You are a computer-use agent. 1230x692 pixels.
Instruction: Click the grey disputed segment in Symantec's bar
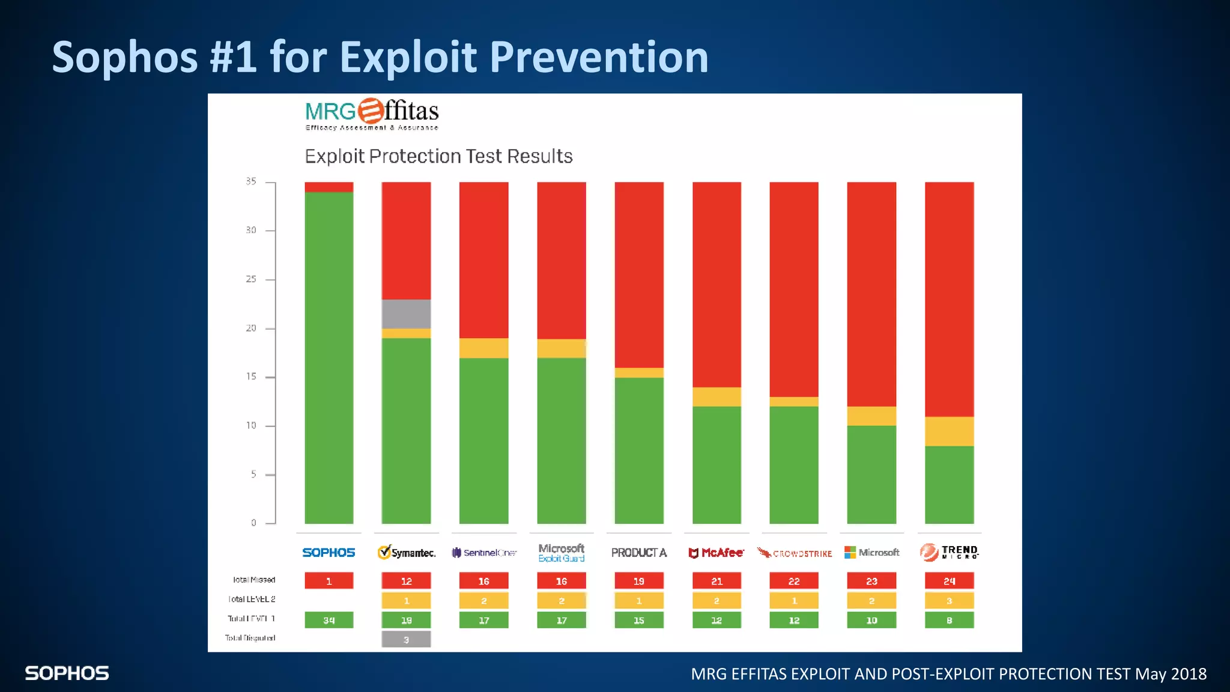coord(406,314)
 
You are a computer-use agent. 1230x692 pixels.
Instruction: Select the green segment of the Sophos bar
coord(329,357)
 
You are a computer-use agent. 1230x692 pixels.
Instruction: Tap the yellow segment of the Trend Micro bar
coord(949,431)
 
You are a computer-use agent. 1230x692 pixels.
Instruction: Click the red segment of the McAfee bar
coord(716,284)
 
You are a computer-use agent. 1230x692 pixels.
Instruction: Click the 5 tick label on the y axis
coord(253,475)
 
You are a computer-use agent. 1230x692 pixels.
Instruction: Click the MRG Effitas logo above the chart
coord(372,114)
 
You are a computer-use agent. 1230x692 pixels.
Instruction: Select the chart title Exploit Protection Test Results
coord(438,156)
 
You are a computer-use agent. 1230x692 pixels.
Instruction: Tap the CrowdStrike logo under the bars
coord(794,553)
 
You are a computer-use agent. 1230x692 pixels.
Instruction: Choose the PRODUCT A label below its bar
coord(638,553)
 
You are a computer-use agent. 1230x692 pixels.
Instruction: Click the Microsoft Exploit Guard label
coord(561,553)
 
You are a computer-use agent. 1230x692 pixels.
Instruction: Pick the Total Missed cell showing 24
coord(949,581)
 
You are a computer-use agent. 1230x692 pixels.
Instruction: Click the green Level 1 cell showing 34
coord(329,620)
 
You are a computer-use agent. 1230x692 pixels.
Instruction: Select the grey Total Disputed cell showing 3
coord(406,639)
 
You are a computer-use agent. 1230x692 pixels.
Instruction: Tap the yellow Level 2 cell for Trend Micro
coord(949,601)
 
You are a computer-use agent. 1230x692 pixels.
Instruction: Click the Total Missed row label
coord(253,580)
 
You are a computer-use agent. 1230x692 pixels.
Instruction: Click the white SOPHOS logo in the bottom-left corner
coord(67,673)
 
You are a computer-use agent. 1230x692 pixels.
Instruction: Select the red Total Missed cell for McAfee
coord(716,581)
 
